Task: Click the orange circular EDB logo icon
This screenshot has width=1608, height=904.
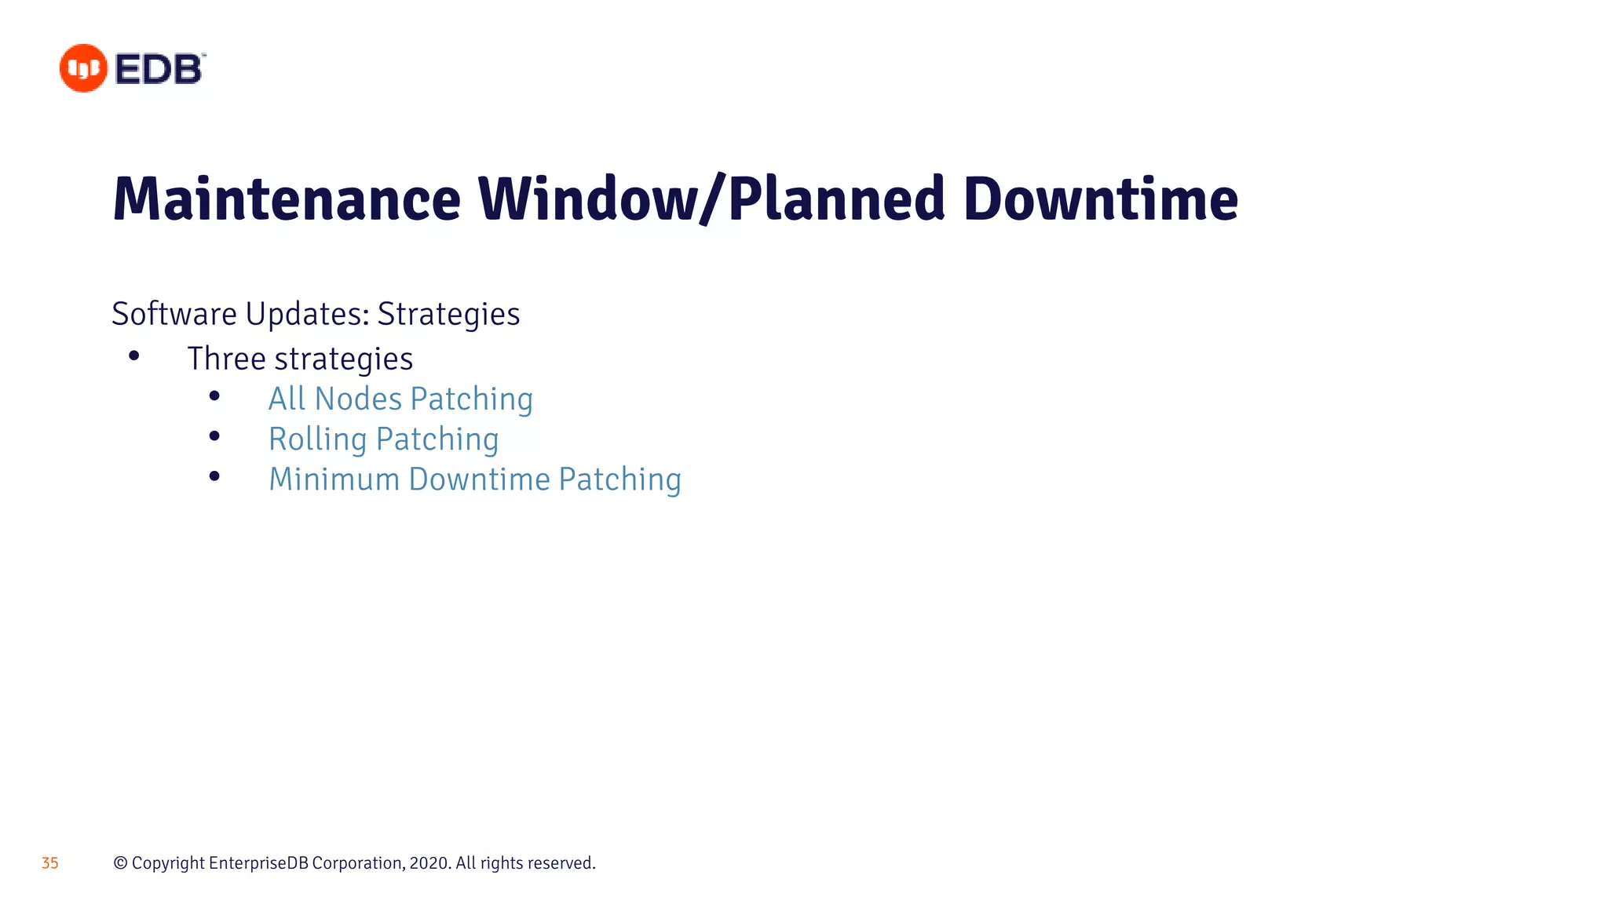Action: point(83,68)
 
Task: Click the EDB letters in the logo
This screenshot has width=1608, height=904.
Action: point(159,69)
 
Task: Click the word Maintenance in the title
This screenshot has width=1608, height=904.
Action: point(287,199)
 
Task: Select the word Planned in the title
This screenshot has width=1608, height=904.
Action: point(836,199)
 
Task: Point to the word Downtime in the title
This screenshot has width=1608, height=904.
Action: point(1100,199)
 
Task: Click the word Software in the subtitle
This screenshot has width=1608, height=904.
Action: point(174,314)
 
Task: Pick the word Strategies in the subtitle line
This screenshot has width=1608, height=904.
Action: point(448,314)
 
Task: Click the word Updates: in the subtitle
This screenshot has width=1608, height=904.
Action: point(307,314)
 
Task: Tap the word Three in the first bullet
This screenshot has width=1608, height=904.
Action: point(227,359)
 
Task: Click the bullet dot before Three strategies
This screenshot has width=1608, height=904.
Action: point(134,356)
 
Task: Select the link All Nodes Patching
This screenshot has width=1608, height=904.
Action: point(400,399)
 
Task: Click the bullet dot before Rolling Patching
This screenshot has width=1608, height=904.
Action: point(214,436)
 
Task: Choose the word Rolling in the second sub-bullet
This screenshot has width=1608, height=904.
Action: point(318,439)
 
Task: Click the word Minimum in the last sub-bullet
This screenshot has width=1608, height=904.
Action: point(334,479)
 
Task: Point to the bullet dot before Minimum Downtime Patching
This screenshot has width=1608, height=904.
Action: point(214,476)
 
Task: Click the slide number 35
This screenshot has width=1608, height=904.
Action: point(50,863)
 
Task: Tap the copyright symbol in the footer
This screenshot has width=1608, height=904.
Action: point(120,863)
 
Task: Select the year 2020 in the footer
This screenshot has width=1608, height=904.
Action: point(429,863)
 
